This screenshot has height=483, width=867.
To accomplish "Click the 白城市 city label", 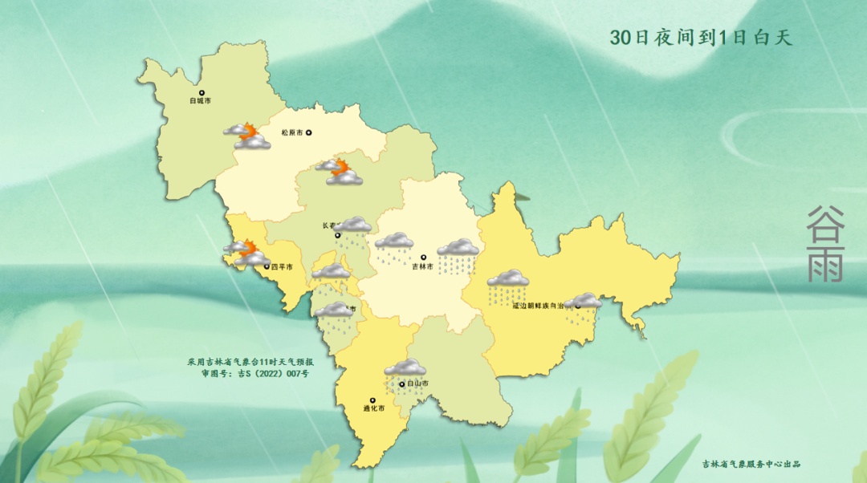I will [200, 101].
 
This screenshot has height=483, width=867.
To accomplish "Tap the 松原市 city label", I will [291, 133].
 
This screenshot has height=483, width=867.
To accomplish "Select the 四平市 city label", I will [282, 266].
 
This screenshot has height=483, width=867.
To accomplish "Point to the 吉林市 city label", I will [422, 266].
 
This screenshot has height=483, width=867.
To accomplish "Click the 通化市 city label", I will [372, 408].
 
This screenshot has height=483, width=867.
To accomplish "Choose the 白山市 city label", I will [417, 384].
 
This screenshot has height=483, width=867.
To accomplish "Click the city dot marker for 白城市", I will [202, 93].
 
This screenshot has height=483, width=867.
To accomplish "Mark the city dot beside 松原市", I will [307, 133].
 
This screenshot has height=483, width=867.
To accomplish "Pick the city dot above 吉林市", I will [423, 258].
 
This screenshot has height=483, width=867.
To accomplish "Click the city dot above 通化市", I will [372, 400].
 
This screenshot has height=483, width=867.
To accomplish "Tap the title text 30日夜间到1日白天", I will [701, 38].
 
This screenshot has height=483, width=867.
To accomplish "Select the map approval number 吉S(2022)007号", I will [273, 374].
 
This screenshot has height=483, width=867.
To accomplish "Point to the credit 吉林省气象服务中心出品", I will [751, 464].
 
